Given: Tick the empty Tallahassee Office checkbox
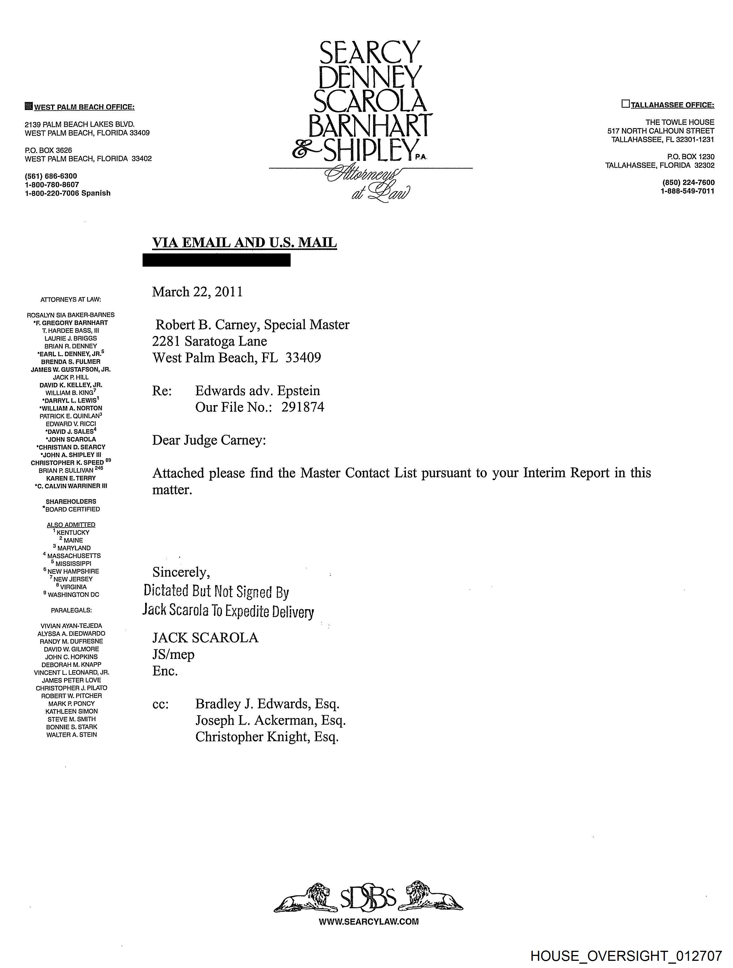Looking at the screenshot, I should click(625, 104).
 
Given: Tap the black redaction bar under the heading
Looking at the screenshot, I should click(216, 260).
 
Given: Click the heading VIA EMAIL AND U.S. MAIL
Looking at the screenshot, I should click(244, 243).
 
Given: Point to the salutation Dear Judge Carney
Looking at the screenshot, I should click(209, 440).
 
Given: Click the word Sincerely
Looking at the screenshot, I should click(181, 572).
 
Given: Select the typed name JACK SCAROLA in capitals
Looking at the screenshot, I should click(205, 638).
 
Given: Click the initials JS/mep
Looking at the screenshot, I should click(173, 654).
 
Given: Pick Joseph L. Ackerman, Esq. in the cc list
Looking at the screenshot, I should click(270, 720).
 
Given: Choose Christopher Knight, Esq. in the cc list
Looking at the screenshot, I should click(267, 737).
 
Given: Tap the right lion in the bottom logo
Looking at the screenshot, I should click(431, 898).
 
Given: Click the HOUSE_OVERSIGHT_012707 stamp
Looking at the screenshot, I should click(626, 956).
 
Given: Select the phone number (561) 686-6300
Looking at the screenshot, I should click(51, 176).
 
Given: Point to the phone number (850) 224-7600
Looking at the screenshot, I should click(688, 182).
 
